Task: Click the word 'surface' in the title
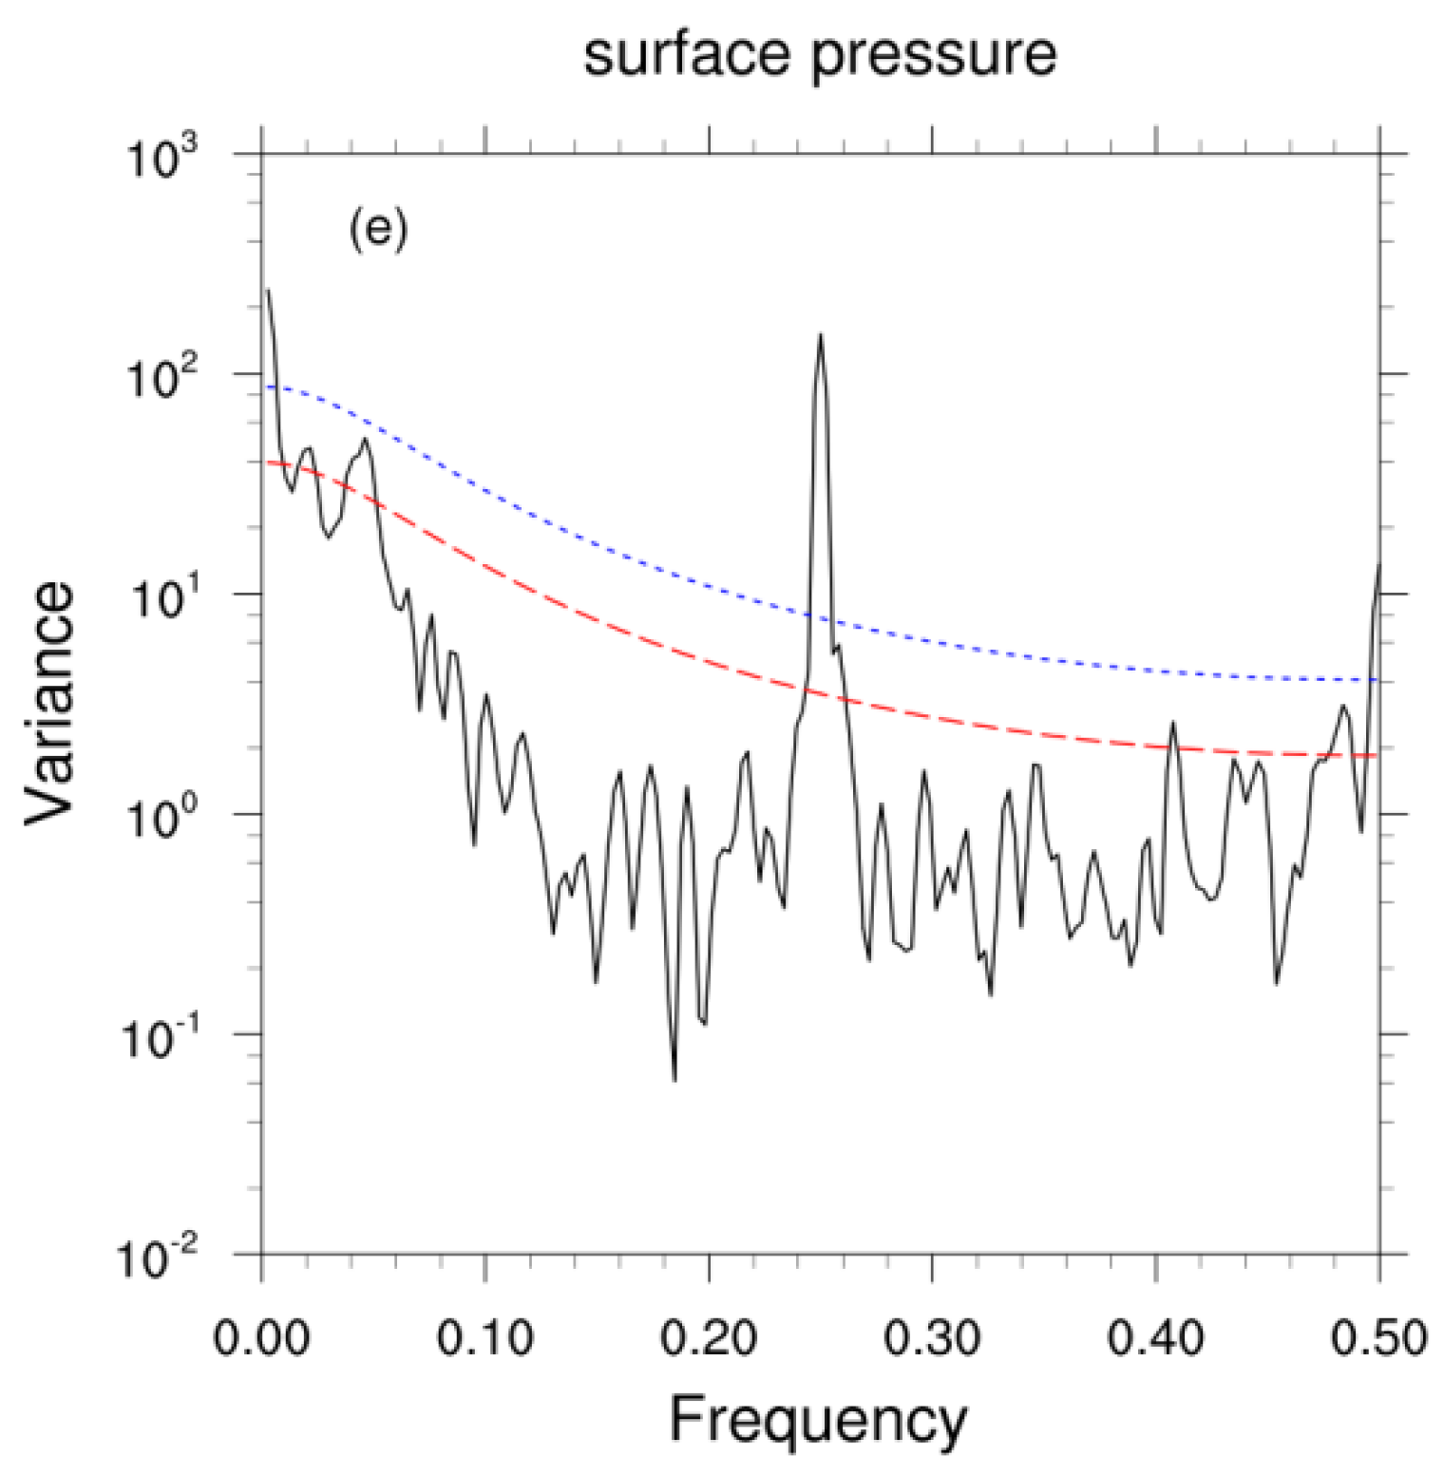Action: [x=686, y=54]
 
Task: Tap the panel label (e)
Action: [x=378, y=230]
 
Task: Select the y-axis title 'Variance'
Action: [x=49, y=703]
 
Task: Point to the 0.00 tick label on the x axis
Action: [x=261, y=1338]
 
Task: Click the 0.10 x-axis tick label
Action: [x=484, y=1338]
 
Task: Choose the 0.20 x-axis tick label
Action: [x=709, y=1338]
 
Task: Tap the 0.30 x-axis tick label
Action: [x=932, y=1338]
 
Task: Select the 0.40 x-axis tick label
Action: [x=1155, y=1338]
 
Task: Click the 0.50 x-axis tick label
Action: [x=1378, y=1338]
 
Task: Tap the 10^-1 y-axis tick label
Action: [x=160, y=1037]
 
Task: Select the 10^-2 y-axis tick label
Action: [x=158, y=1258]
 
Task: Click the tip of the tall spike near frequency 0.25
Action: [x=821, y=334]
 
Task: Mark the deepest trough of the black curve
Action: [x=674, y=1080]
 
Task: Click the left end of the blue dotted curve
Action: [x=269, y=387]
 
